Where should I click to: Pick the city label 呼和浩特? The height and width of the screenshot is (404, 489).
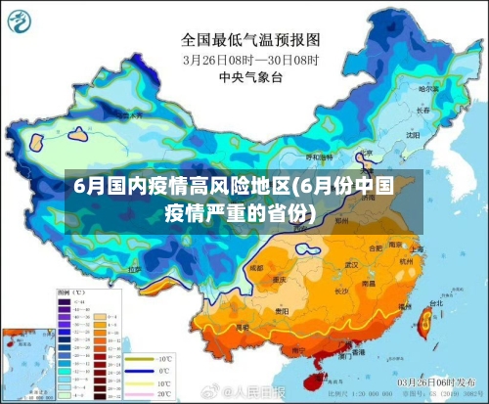tap(319, 157)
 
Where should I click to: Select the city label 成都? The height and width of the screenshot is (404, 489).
tap(256, 266)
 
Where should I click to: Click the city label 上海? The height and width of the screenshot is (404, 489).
tap(418, 248)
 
